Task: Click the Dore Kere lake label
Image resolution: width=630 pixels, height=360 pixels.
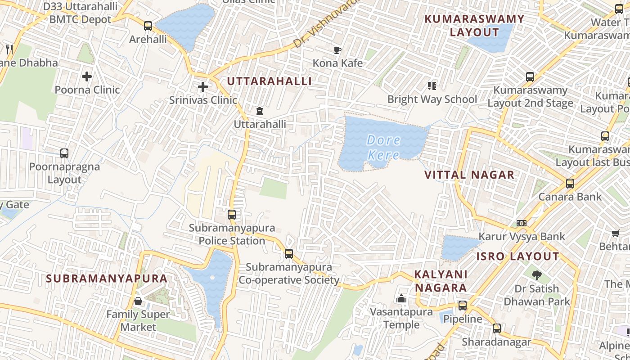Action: (383, 147)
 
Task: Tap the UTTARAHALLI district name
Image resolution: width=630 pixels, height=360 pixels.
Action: (269, 81)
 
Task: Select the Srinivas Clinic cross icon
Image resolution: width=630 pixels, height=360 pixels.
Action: (203, 87)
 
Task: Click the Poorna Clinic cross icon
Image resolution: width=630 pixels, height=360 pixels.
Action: (87, 76)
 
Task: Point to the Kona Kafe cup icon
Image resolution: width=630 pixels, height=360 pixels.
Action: (337, 50)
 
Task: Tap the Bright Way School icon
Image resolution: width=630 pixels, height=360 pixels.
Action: (432, 85)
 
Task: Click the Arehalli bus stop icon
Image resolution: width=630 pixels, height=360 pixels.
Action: (148, 26)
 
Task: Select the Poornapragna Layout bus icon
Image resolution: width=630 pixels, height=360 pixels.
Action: (64, 153)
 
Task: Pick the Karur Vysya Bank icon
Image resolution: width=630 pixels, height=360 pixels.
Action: (522, 223)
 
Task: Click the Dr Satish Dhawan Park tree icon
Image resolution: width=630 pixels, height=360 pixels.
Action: (536, 275)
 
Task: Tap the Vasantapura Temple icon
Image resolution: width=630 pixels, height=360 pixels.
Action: (401, 298)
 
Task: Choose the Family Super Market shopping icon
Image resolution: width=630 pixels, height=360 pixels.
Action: (138, 301)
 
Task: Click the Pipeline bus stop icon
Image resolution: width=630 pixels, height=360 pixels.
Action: (462, 306)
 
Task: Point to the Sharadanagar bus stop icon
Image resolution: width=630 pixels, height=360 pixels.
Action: (496, 328)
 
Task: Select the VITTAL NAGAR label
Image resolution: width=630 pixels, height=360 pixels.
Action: (469, 175)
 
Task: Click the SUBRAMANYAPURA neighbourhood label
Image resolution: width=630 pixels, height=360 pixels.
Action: (107, 279)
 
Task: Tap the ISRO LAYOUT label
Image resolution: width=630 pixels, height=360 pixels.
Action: (517, 256)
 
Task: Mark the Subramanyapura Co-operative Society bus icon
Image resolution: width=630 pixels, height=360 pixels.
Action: (289, 254)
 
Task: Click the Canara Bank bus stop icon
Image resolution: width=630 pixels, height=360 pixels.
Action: (570, 184)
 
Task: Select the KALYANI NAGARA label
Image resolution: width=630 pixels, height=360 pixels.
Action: (441, 281)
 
